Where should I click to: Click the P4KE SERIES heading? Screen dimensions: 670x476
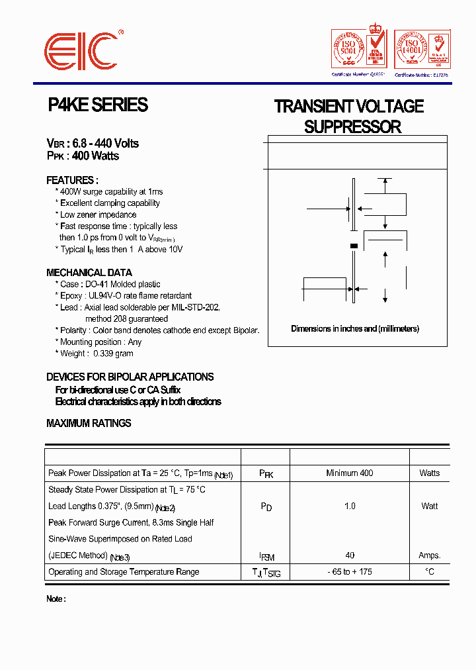(x=98, y=105)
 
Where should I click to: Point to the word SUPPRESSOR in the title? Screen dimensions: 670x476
(x=352, y=127)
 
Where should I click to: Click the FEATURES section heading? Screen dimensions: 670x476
(x=72, y=180)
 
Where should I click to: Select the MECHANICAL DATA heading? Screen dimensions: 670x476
(x=89, y=273)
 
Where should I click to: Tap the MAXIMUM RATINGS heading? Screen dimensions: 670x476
(x=89, y=423)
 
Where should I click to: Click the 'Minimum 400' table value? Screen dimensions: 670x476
(x=350, y=473)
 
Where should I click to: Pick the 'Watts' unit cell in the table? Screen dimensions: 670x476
(x=429, y=473)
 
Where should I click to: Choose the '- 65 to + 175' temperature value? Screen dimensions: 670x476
(x=350, y=572)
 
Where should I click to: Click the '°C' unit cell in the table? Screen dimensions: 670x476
(x=430, y=572)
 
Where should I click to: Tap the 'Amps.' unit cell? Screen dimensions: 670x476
(x=430, y=555)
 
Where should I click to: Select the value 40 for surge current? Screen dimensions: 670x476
(x=350, y=555)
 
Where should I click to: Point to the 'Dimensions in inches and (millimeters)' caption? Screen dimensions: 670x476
(x=355, y=329)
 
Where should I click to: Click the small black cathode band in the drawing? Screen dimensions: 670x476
(x=354, y=246)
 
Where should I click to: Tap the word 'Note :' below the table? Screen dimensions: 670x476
(x=56, y=599)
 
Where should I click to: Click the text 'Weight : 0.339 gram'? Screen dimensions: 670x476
(x=97, y=354)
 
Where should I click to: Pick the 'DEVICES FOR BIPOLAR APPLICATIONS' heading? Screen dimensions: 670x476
(x=130, y=377)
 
